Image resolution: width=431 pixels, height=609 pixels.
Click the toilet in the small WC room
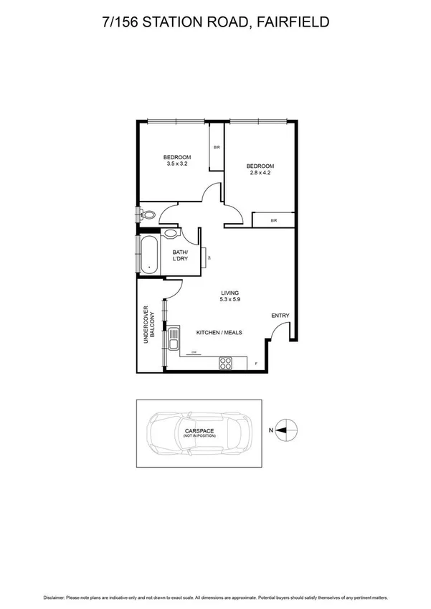point(148,214)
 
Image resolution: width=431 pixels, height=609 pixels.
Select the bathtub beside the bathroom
point(149,254)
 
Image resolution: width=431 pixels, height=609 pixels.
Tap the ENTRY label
point(280,316)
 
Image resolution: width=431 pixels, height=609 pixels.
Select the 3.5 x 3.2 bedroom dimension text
point(176,164)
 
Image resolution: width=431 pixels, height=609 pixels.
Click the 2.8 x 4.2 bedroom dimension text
point(261,173)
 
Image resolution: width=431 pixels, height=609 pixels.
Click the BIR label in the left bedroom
point(217,148)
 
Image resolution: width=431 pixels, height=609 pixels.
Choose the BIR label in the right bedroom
point(273,220)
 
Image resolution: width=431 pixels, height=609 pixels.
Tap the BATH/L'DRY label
point(181,256)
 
